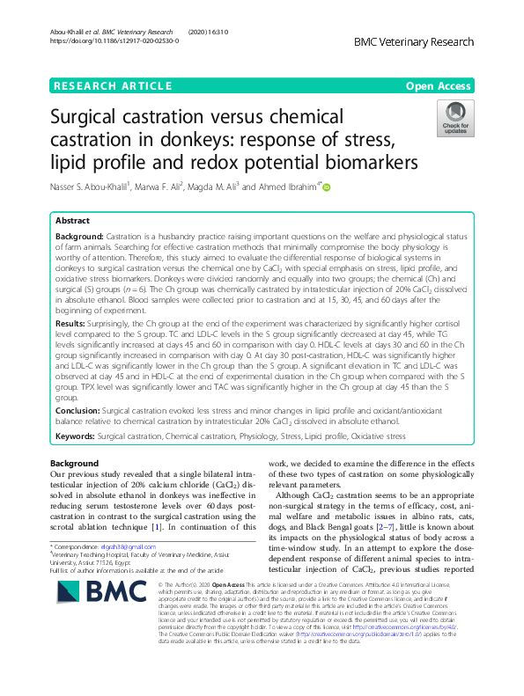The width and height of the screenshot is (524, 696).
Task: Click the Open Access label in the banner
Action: pyautogui.click(x=438, y=85)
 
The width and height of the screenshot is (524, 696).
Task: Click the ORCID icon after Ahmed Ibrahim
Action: pyautogui.click(x=327, y=187)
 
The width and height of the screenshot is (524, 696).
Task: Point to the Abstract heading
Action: pyautogui.click(x=73, y=221)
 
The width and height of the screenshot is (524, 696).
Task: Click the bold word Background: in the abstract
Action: pyautogui.click(x=78, y=238)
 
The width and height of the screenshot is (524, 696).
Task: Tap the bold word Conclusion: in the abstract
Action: pyautogui.click(x=77, y=410)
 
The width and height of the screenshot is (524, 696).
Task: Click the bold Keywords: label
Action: pyautogui.click(x=75, y=436)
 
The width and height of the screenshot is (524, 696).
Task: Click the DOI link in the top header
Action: pyautogui.click(x=114, y=40)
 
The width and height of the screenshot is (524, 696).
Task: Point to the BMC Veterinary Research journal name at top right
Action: pyautogui.click(x=413, y=41)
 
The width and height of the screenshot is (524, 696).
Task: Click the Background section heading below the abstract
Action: pyautogui.click(x=74, y=463)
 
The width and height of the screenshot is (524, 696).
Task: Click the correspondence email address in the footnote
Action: pyautogui.click(x=114, y=546)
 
